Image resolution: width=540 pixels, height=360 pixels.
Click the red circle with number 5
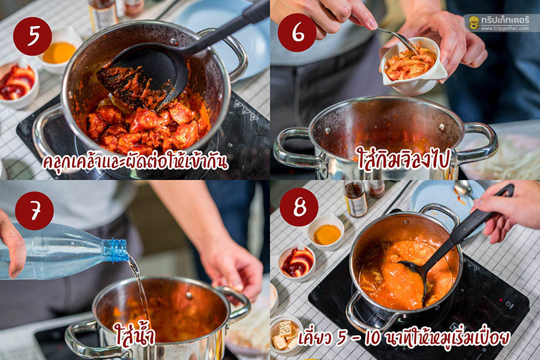(x=32, y=36)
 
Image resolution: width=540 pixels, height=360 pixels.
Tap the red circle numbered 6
(x=297, y=33)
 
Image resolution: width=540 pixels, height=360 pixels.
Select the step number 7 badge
(x=34, y=211)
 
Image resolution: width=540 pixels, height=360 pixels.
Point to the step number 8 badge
(x=299, y=207)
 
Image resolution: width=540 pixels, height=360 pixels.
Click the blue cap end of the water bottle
(x=116, y=250)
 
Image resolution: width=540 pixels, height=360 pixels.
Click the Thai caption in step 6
(x=404, y=158)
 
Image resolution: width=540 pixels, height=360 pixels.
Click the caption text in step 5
(x=135, y=162)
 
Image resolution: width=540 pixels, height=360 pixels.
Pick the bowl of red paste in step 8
(x=297, y=263)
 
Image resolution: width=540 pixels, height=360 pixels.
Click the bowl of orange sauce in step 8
(x=326, y=233)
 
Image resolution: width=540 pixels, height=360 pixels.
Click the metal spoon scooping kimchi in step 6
(x=397, y=38)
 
